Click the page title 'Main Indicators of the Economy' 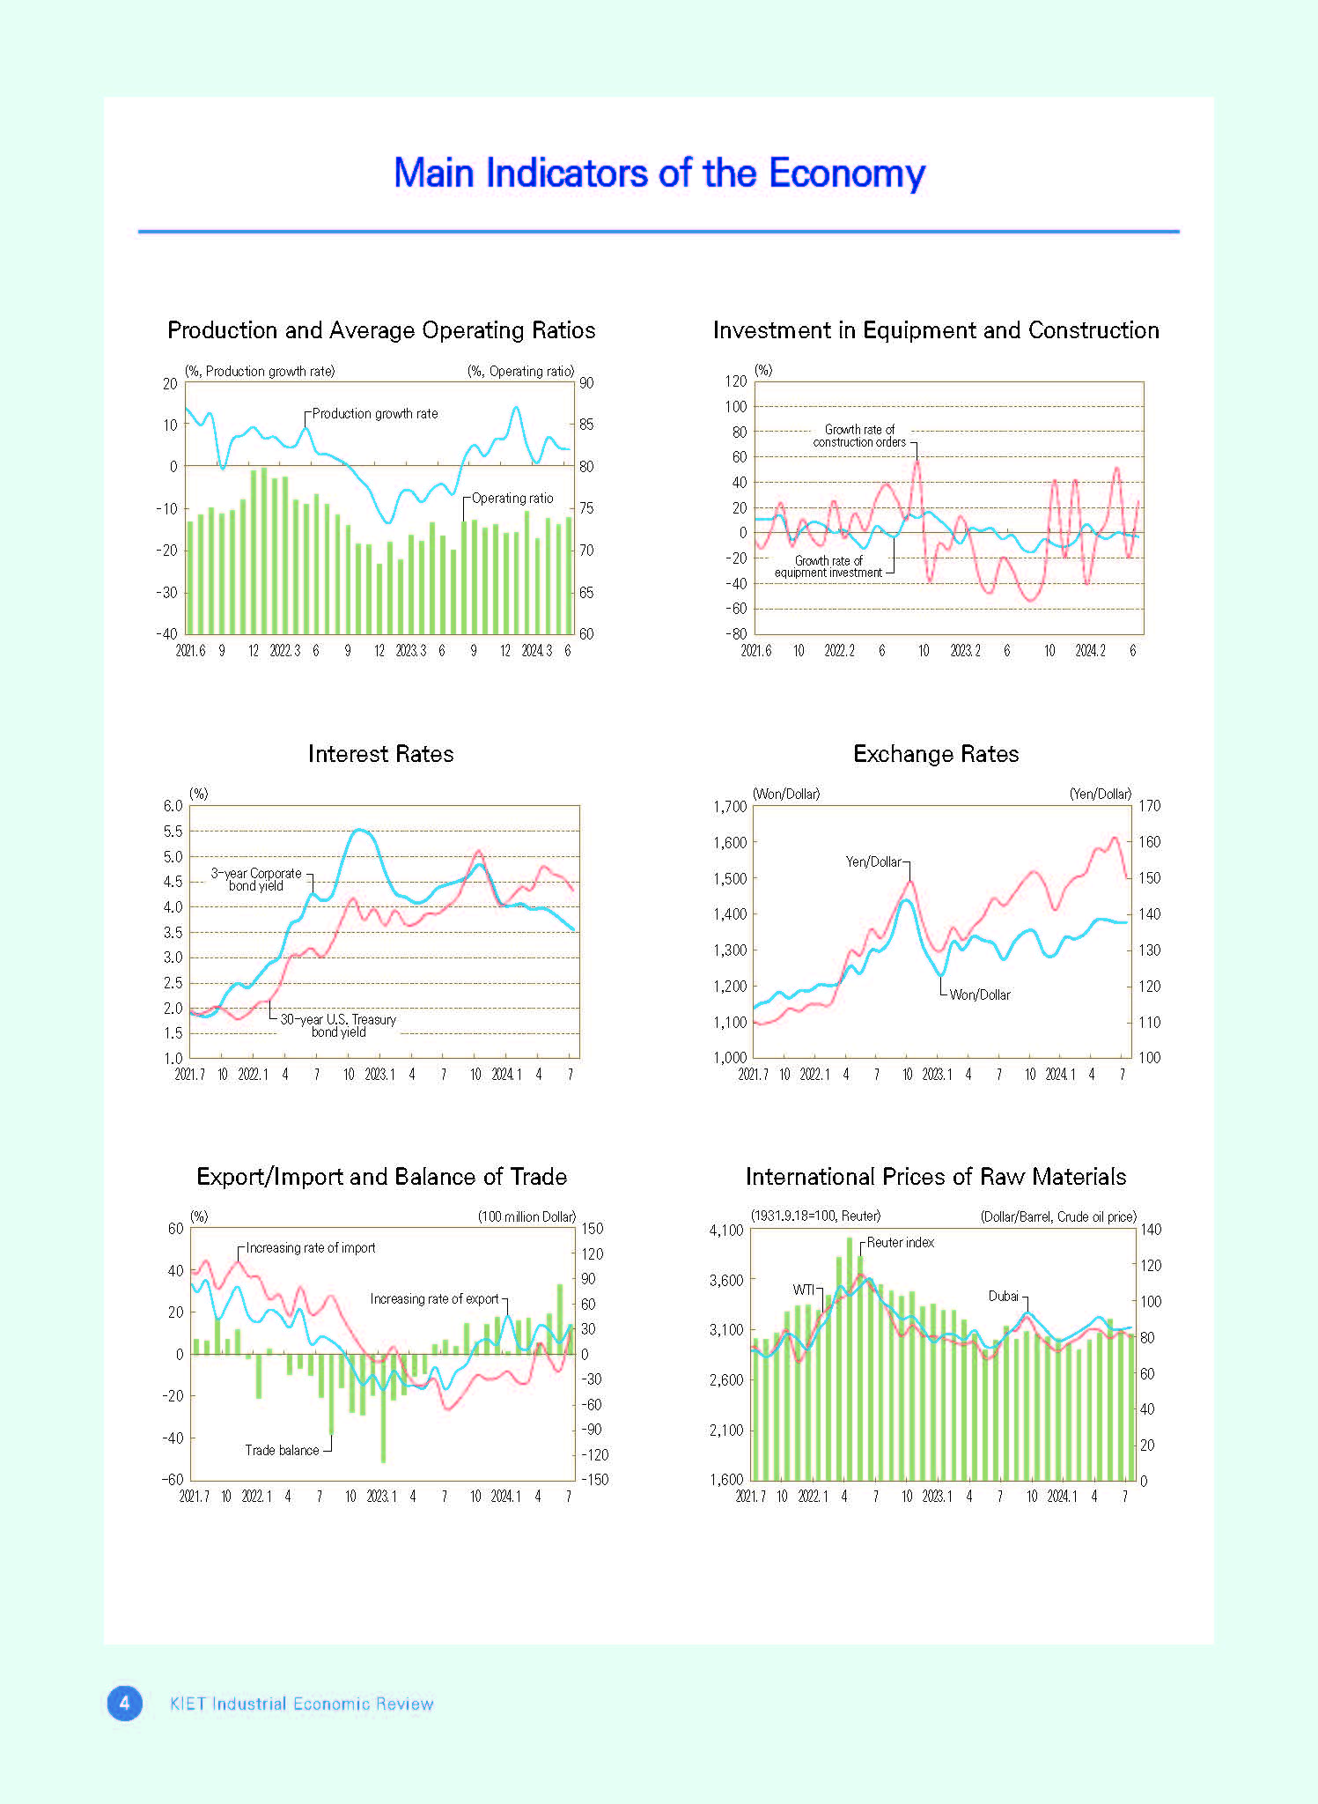tap(659, 174)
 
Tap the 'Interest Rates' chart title tap(381, 754)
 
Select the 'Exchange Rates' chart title tap(936, 754)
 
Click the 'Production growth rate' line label tap(375, 414)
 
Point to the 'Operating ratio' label tap(512, 499)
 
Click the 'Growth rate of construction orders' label tap(859, 436)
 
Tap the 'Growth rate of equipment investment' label tap(828, 566)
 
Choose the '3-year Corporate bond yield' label tap(256, 880)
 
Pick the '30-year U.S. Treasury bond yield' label tap(338, 1026)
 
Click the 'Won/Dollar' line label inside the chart tap(980, 995)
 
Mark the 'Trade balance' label tap(282, 1451)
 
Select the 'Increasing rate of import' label tap(311, 1248)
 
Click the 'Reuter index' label tap(901, 1243)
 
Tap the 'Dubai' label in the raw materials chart tap(1004, 1297)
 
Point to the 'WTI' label tap(804, 1290)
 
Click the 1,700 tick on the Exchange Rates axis tap(730, 807)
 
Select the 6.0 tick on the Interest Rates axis tap(173, 806)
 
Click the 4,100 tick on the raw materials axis tap(726, 1231)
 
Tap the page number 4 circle tap(124, 1704)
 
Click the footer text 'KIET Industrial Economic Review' tap(301, 1704)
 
